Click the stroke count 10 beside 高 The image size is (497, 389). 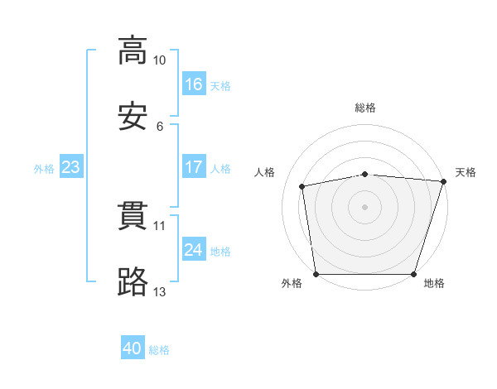[160, 60]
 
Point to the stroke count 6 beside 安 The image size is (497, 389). [160, 127]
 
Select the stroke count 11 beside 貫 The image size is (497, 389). [160, 226]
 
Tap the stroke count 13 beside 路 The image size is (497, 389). [160, 292]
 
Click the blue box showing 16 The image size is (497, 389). [193, 84]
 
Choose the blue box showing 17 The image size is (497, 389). [193, 167]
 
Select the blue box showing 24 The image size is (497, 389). [193, 250]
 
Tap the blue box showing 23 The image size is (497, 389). [70, 167]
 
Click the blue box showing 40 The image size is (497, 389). [133, 349]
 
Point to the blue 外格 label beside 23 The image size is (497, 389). [44, 169]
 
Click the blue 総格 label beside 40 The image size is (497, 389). [160, 351]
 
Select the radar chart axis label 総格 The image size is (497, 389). [365, 108]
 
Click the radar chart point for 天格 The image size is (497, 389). [443, 181]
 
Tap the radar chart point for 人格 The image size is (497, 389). [302, 186]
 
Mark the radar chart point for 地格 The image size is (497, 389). [414, 274]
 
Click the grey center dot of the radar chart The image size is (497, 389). [365, 206]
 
